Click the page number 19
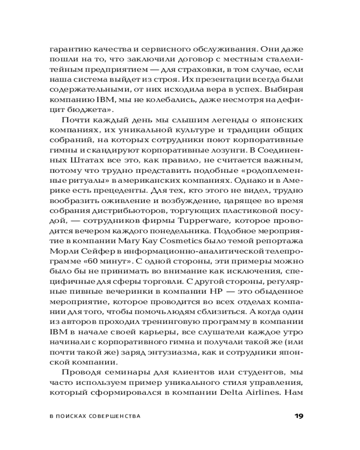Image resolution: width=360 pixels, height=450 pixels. (299, 415)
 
